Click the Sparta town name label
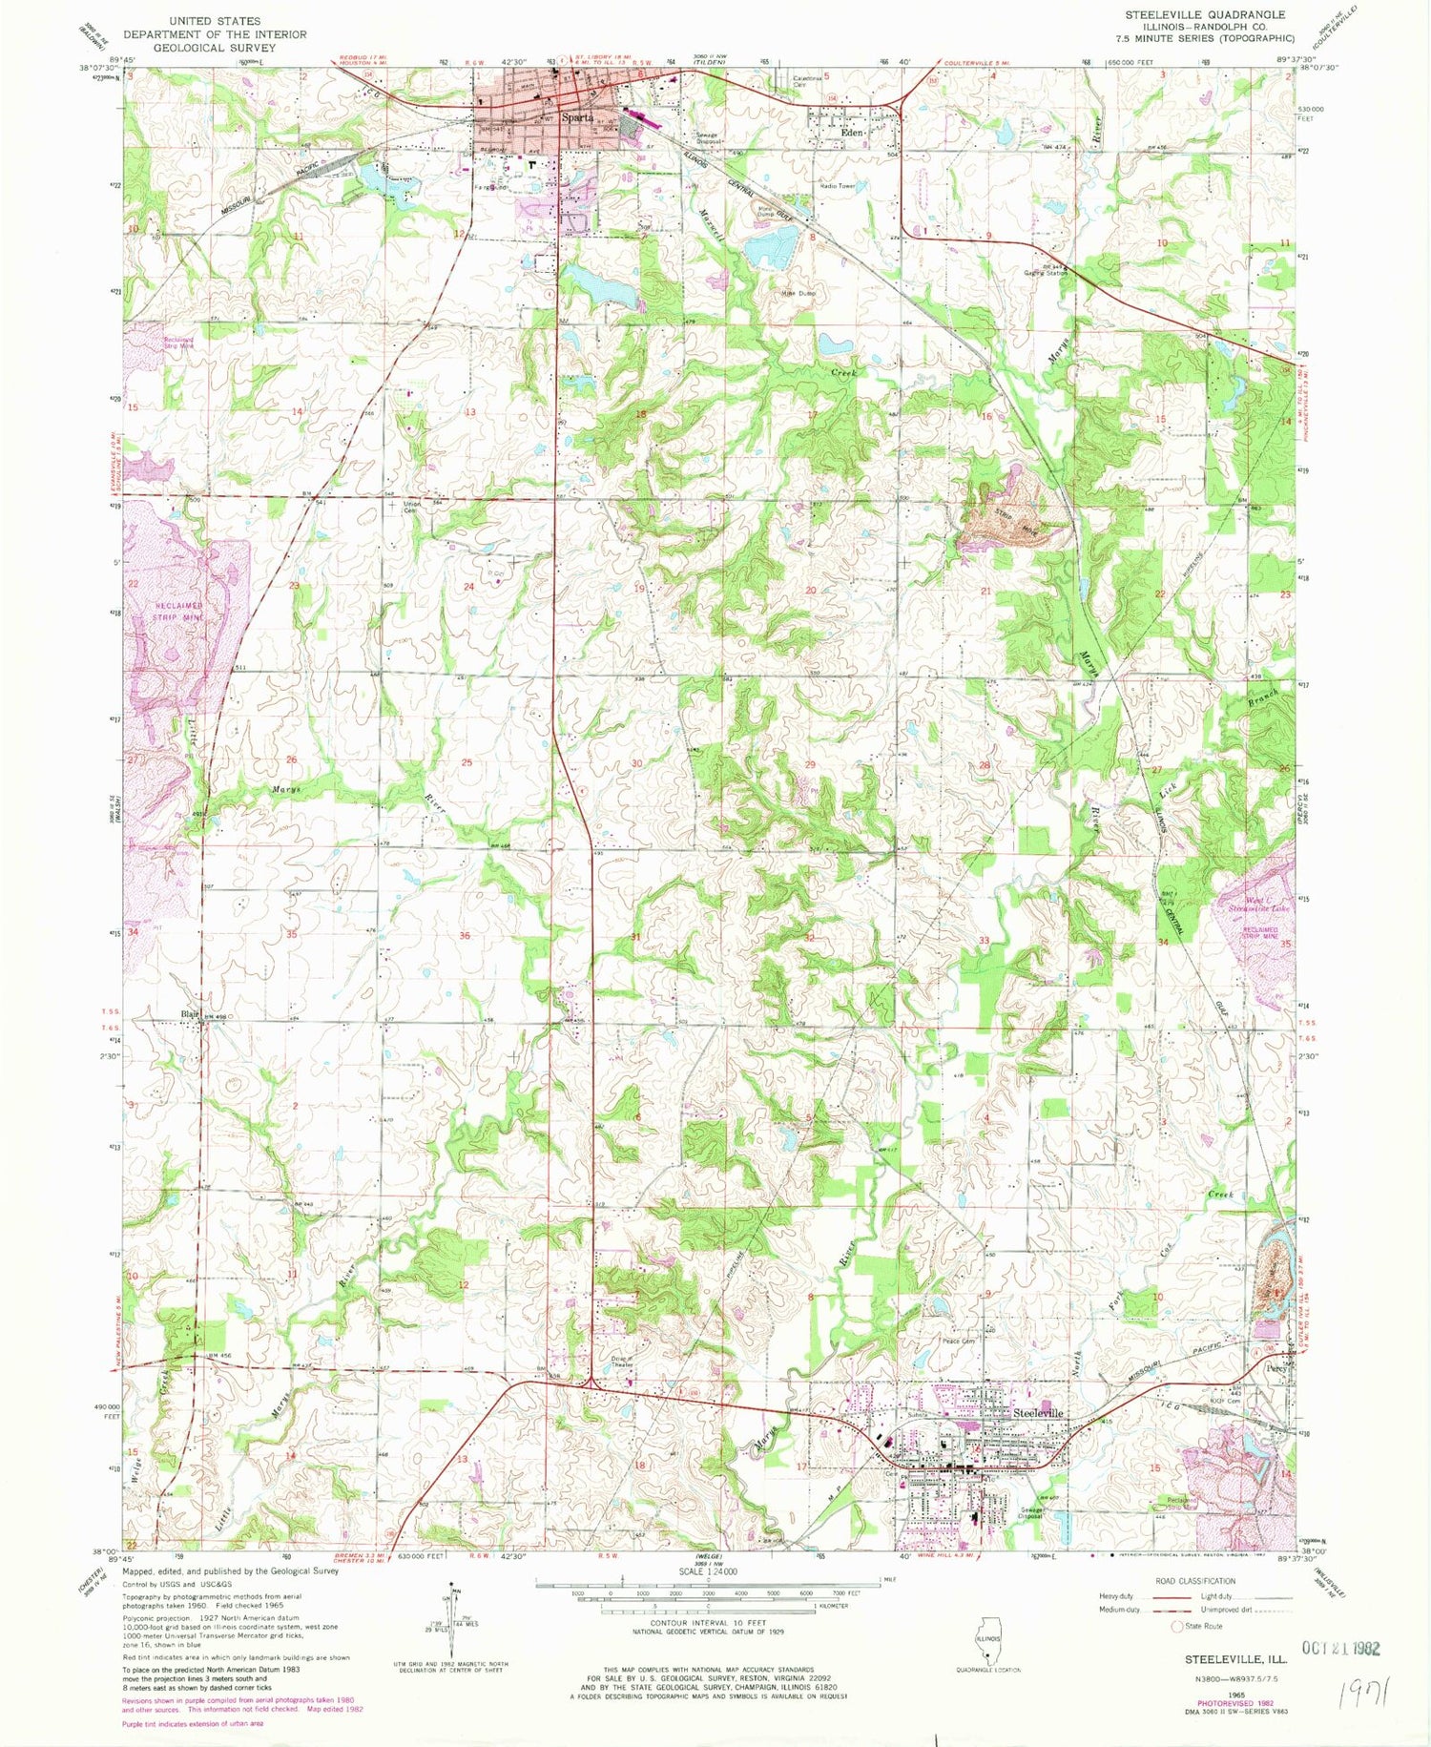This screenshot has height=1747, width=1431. (x=578, y=118)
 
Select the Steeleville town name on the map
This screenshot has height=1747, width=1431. (x=1037, y=1412)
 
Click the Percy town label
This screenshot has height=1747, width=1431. (x=1276, y=1366)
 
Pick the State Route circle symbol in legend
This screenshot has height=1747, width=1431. (x=1178, y=1626)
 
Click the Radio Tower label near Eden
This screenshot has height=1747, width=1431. (x=835, y=186)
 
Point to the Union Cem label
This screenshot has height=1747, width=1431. (x=412, y=506)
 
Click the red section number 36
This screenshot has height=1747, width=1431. (x=465, y=935)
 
